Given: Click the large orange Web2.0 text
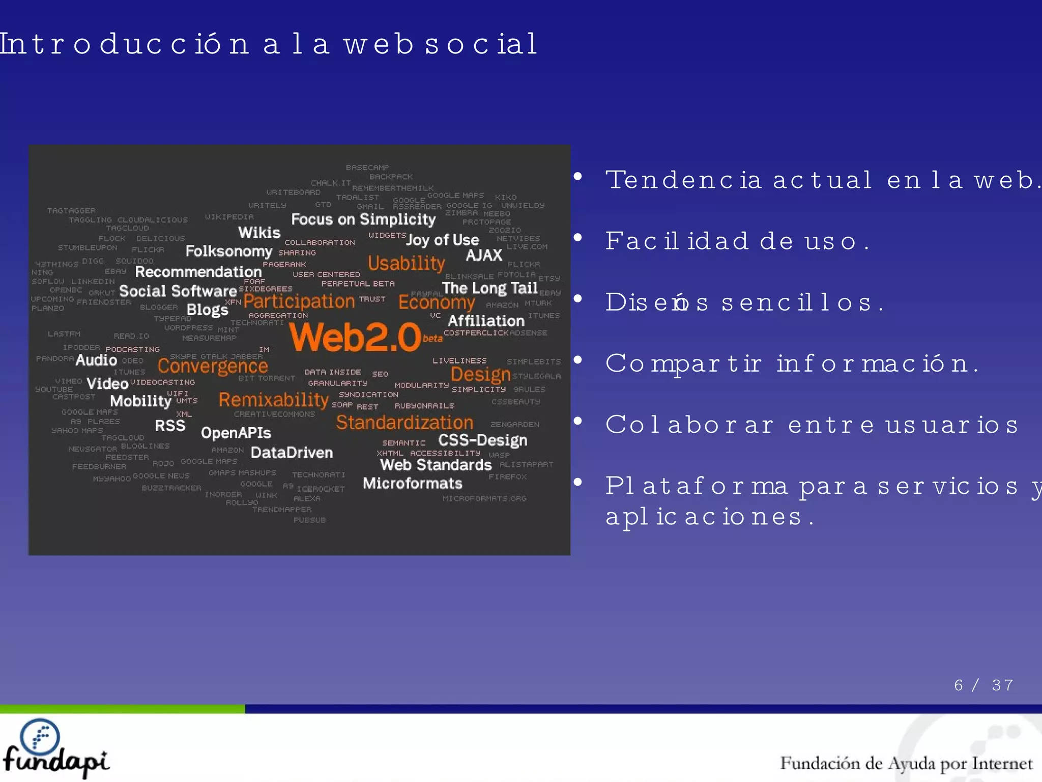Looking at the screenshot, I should point(355,338).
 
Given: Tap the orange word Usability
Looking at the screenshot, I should point(406,263).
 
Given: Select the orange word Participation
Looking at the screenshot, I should point(299,301).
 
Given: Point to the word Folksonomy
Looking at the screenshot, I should point(229,251).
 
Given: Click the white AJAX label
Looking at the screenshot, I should point(484,255).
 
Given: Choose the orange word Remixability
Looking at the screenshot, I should point(273,400).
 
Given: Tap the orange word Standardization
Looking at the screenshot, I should point(404,423).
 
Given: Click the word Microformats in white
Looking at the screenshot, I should point(412,483).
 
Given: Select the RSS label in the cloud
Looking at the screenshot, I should point(170,426).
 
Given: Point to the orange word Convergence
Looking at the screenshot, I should point(213,366).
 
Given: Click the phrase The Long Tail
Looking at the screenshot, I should point(489,288).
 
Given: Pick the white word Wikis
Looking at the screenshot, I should point(259,233).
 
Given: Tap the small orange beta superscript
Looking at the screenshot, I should point(432,339).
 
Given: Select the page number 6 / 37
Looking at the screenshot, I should point(983,685).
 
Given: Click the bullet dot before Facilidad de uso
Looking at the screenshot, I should point(577,238).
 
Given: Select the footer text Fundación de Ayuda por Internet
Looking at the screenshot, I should point(906,763).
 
